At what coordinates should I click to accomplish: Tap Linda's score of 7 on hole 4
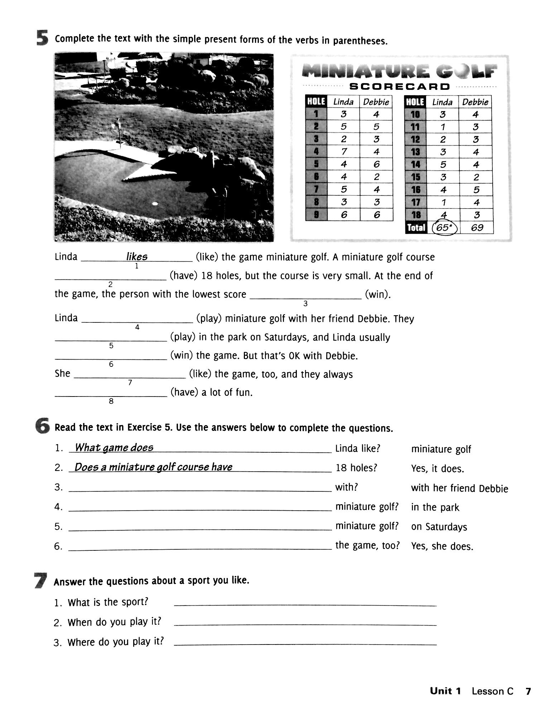click(x=344, y=152)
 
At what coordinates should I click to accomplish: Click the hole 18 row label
click(x=415, y=215)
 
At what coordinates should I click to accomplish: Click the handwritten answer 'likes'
click(x=137, y=257)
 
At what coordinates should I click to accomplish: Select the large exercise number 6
click(x=42, y=427)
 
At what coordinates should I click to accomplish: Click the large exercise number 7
click(x=40, y=580)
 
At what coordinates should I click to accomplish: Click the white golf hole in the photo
click(x=155, y=204)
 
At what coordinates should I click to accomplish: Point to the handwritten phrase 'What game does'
click(x=114, y=448)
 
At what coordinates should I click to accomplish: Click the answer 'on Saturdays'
click(x=439, y=527)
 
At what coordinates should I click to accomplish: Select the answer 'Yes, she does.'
click(x=442, y=546)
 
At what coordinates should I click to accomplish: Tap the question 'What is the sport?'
click(x=108, y=602)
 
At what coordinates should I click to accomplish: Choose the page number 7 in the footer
click(x=528, y=691)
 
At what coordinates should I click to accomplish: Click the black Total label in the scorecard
click(x=416, y=228)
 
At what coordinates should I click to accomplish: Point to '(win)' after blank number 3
click(x=377, y=295)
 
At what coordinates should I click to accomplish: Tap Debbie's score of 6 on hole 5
click(x=376, y=164)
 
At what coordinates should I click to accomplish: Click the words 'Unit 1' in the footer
click(x=445, y=691)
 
